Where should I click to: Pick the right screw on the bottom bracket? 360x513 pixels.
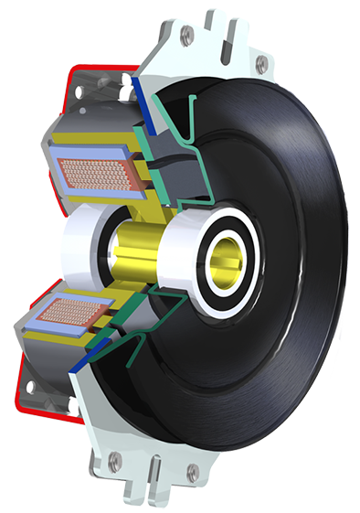(192, 473)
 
